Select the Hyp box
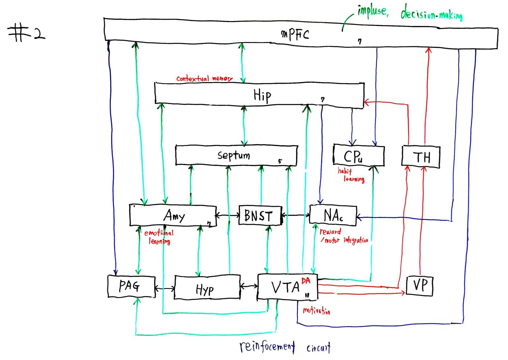tap(207, 287)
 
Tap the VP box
tap(420, 285)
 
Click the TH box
tap(421, 157)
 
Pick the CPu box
tap(358, 156)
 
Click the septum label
tap(234, 155)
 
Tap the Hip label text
tap(262, 95)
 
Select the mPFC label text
tap(295, 34)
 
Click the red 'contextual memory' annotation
tap(204, 78)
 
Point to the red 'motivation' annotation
tap(316, 311)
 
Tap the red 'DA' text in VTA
tap(306, 281)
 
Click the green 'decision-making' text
tap(431, 14)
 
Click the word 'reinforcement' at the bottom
tap(267, 346)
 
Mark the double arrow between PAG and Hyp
tap(165, 288)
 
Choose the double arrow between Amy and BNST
tap(228, 215)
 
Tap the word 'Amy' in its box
tap(174, 215)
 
